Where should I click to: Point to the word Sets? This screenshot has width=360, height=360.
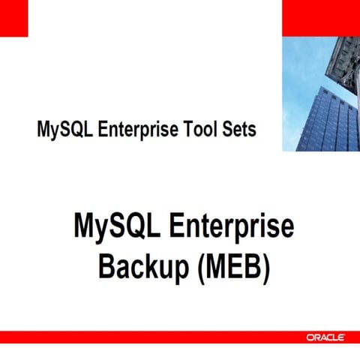[238, 129]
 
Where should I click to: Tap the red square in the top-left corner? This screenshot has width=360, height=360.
[13, 17]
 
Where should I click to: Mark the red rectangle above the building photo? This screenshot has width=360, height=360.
[320, 17]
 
